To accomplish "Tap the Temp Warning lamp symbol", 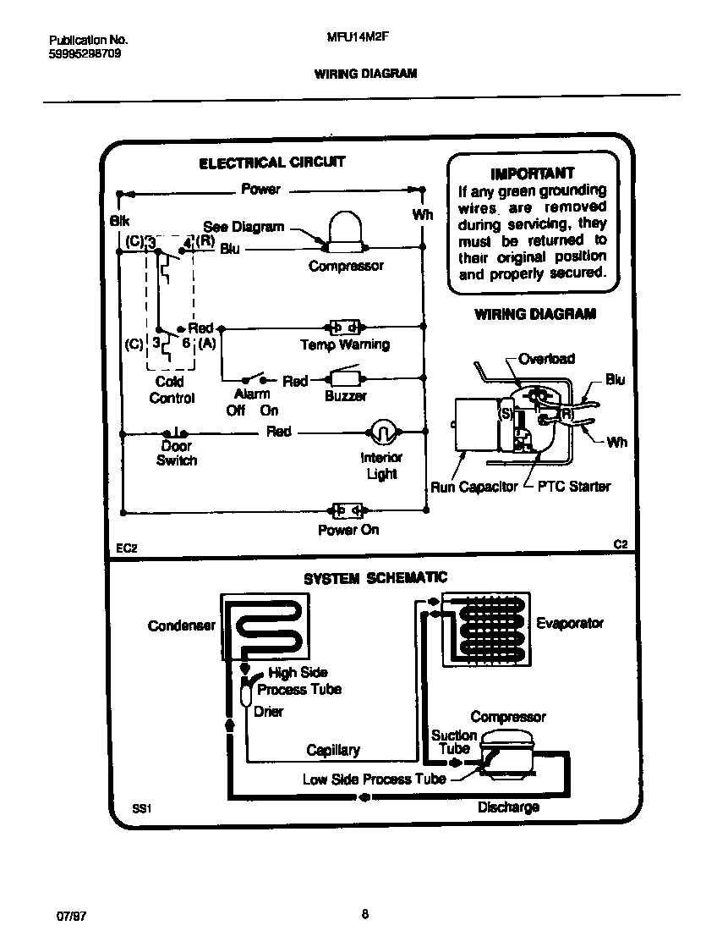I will pyautogui.click(x=344, y=327).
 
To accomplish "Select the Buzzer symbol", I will pyautogui.click(x=345, y=377).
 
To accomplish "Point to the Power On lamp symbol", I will pyautogui.click(x=346, y=510).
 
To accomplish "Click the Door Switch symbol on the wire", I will pyautogui.click(x=177, y=432).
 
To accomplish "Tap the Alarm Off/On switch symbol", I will pyautogui.click(x=253, y=378).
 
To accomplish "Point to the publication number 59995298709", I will pyautogui.click(x=79, y=52).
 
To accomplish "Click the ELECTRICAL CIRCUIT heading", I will pyautogui.click(x=271, y=163).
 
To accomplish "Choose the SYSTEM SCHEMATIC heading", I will pyautogui.click(x=375, y=578).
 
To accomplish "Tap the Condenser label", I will pyautogui.click(x=181, y=625).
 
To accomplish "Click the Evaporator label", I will pyautogui.click(x=570, y=623).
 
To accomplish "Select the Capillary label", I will pyautogui.click(x=332, y=750).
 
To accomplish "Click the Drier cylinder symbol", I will pyautogui.click(x=246, y=695).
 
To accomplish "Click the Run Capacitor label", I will pyautogui.click(x=473, y=488).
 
